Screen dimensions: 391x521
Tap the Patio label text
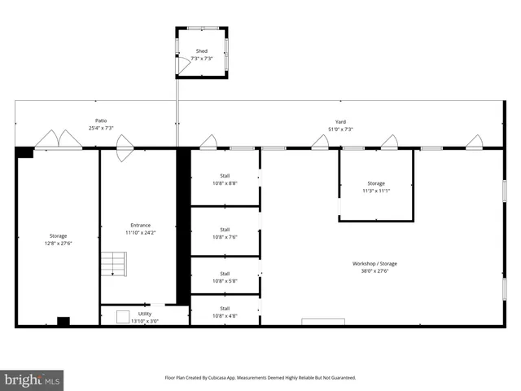pyautogui.click(x=101, y=125)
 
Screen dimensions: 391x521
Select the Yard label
pyautogui.click(x=340, y=125)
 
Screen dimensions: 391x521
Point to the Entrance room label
pyautogui.click(x=140, y=229)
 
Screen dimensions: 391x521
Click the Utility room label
pyautogui.click(x=144, y=317)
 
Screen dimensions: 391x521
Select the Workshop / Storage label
pyautogui.click(x=374, y=267)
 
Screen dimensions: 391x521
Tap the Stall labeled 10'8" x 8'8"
pyautogui.click(x=225, y=179)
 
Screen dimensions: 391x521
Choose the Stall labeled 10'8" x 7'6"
pyautogui.click(x=225, y=233)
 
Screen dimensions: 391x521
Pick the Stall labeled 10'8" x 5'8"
pyautogui.click(x=225, y=277)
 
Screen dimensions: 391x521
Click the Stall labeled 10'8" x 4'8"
pyautogui.click(x=225, y=312)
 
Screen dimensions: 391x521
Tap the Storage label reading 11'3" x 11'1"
pyautogui.click(x=375, y=187)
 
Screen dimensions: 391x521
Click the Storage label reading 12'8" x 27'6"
pyautogui.click(x=58, y=239)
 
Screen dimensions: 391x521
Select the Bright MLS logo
pyautogui.click(x=32, y=380)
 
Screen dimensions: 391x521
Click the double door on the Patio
pyautogui.click(x=58, y=140)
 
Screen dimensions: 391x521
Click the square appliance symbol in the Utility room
pyautogui.click(x=123, y=316)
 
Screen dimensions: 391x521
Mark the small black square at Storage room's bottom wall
pyautogui.click(x=63, y=321)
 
